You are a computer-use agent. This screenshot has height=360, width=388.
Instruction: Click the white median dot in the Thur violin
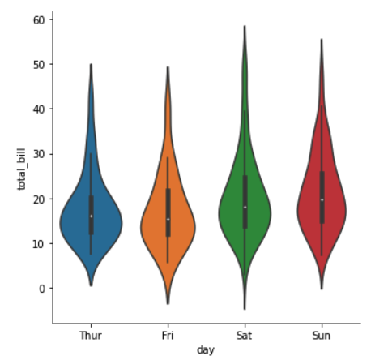click(91, 216)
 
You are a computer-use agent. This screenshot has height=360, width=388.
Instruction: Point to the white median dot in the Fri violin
click(168, 219)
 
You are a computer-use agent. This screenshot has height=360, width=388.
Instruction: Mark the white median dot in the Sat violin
click(245, 207)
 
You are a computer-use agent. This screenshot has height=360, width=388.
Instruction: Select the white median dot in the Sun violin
click(322, 199)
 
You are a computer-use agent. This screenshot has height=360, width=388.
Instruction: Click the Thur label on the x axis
click(91, 334)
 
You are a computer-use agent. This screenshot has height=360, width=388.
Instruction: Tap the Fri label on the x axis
click(168, 334)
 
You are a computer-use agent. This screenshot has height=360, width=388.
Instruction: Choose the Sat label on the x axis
click(245, 334)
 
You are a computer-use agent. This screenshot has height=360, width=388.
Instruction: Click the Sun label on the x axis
click(322, 334)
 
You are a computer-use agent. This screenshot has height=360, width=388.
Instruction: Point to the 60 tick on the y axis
click(42, 19)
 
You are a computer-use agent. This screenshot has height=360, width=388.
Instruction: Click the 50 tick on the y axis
click(42, 64)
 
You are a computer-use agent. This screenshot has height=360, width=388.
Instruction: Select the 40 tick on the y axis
click(42, 109)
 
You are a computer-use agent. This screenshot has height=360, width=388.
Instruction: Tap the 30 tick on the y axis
click(42, 153)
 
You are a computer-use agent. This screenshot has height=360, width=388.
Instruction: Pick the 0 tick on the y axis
click(45, 288)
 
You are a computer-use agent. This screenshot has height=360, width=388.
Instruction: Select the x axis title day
click(206, 349)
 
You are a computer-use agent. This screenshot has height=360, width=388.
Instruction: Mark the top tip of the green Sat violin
click(245, 27)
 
